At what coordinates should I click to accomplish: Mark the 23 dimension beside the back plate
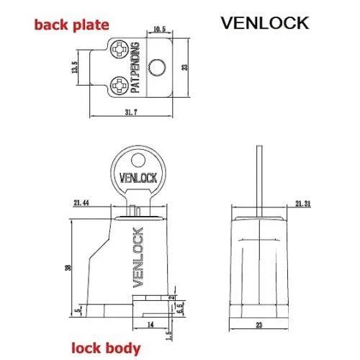pos(186,69)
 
